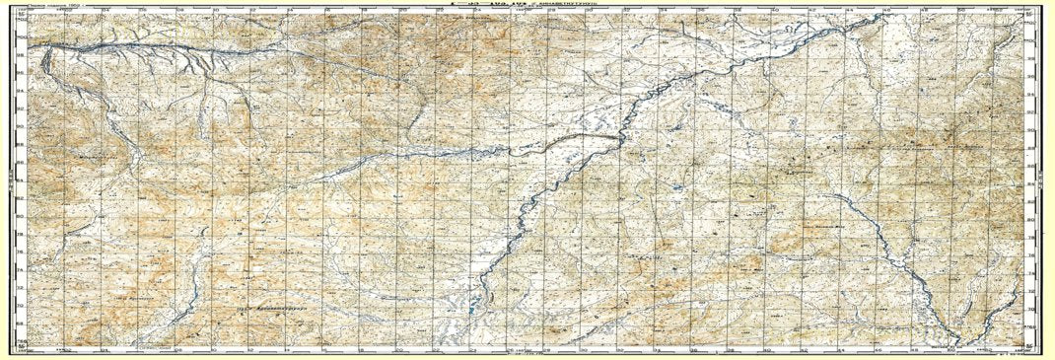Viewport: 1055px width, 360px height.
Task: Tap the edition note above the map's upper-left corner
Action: [x=54, y=6]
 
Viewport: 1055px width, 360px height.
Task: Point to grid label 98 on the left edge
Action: [x=21, y=54]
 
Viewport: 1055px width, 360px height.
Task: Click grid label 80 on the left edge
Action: [x=21, y=217]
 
